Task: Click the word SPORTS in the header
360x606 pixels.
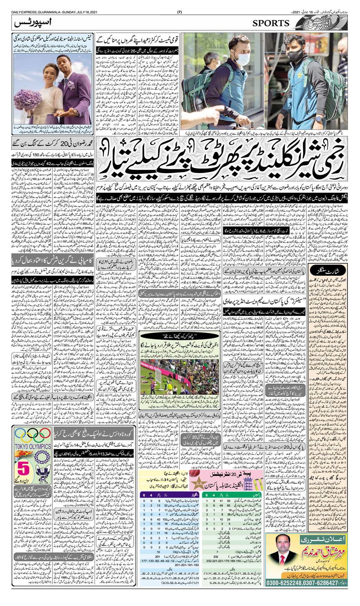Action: pyautogui.click(x=271, y=23)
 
